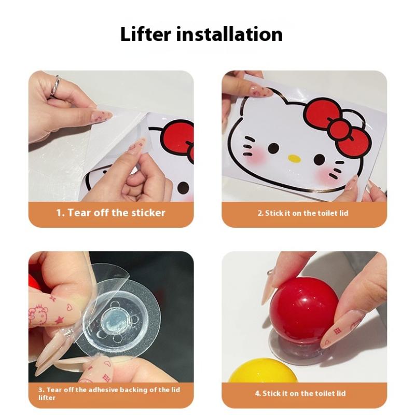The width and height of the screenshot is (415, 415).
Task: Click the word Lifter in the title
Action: coord(146,34)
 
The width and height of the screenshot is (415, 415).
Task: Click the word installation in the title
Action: coord(229,34)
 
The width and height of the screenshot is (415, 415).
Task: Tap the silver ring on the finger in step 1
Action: coord(55,86)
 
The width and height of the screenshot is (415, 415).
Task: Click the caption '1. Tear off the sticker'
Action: coord(111,213)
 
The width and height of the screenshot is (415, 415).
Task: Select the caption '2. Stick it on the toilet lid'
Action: coord(303,213)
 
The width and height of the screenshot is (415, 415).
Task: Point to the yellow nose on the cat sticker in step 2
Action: coord(294,158)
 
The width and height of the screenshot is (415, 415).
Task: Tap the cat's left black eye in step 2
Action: coord(273,148)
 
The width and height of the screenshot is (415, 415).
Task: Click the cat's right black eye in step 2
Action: coord(319,160)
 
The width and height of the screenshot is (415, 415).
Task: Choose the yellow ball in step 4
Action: coord(265,370)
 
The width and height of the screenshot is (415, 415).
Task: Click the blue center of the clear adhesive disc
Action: coord(116,321)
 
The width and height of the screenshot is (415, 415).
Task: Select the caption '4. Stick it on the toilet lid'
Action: coord(300,393)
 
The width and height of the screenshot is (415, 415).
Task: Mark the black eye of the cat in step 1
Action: coord(183,187)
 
